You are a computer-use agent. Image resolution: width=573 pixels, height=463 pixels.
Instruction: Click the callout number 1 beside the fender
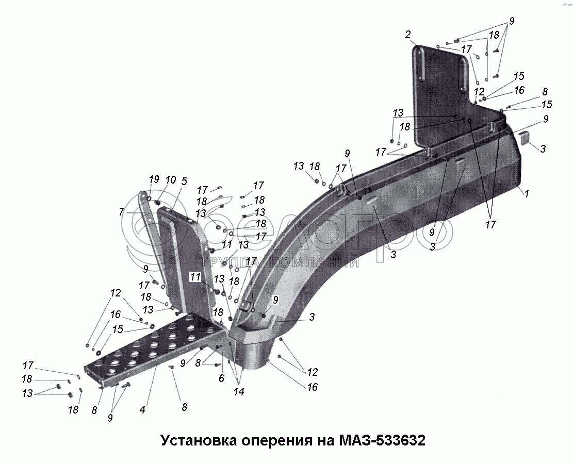pos(527,194)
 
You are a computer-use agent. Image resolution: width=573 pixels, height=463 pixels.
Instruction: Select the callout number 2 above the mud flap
pos(407,35)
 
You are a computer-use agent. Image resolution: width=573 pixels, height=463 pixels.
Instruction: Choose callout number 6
pos(222,378)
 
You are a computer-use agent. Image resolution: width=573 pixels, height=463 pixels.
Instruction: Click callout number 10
pos(170,179)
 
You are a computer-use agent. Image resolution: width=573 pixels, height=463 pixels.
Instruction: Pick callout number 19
pos(153,179)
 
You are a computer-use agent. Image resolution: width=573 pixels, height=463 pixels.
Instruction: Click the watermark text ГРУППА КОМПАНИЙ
pos(281,262)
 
